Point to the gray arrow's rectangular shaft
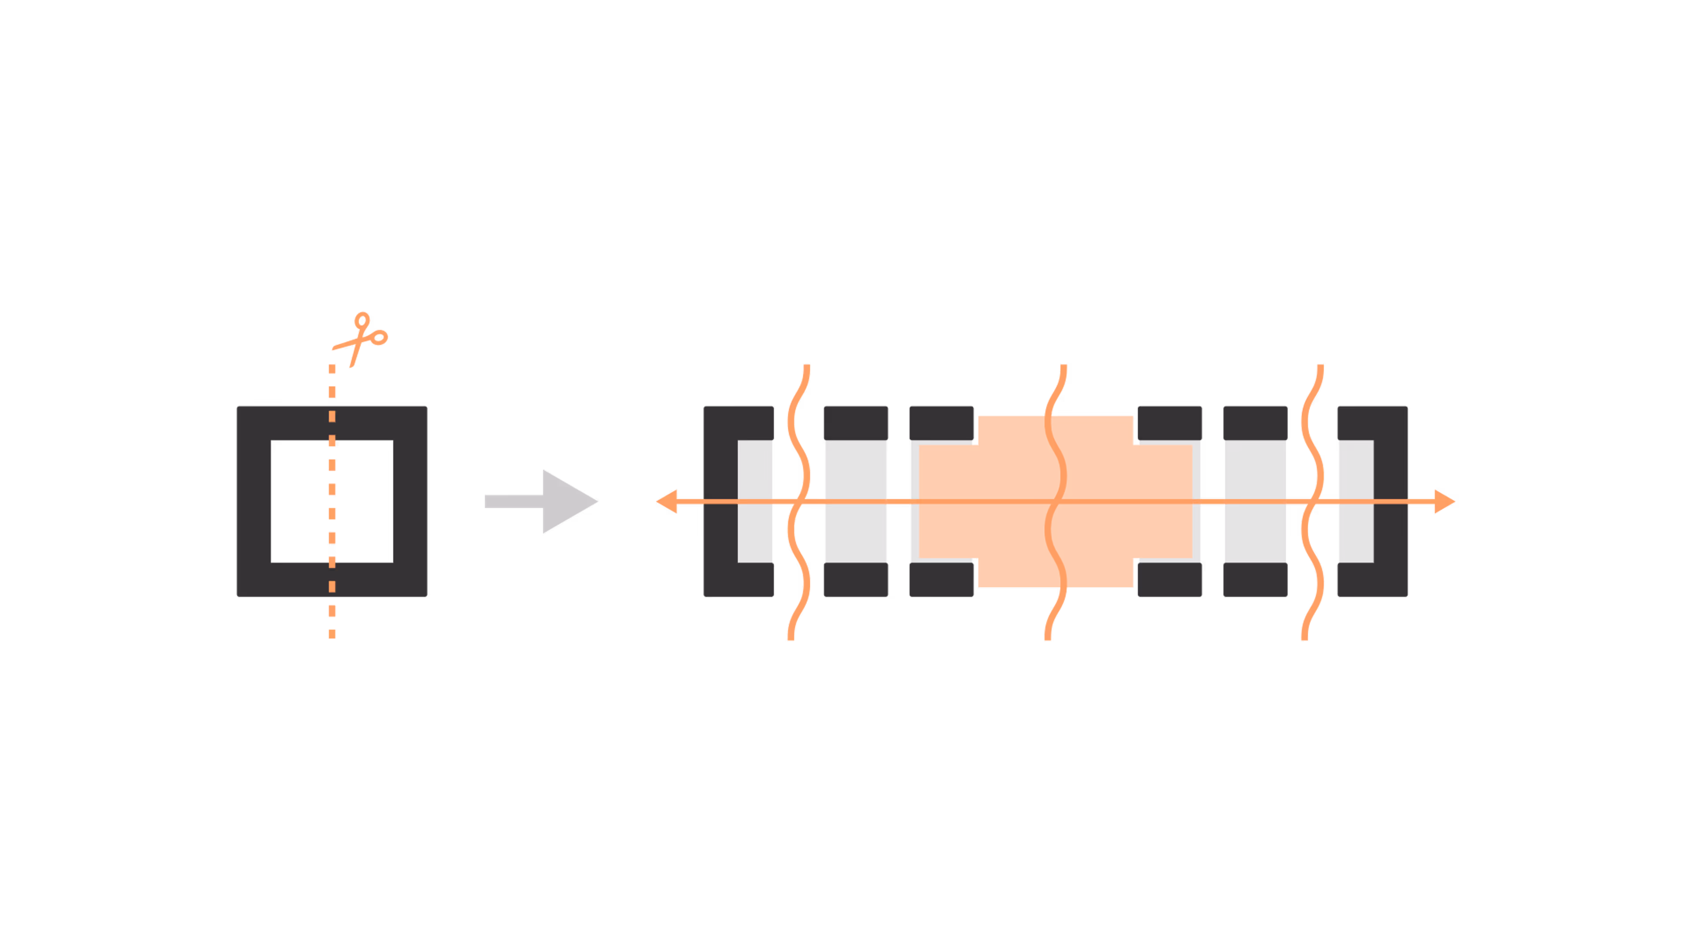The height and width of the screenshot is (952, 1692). pyautogui.click(x=513, y=501)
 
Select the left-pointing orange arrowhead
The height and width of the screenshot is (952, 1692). pyautogui.click(x=668, y=501)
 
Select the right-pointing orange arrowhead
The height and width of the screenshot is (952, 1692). pyautogui.click(x=1444, y=501)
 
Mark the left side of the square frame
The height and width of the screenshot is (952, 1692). pyautogui.click(x=253, y=501)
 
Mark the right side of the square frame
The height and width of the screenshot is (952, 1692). pyautogui.click(x=410, y=501)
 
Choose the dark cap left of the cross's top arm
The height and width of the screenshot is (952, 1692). pyautogui.click(x=941, y=423)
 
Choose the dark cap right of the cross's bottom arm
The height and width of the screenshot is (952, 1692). pyautogui.click(x=1169, y=580)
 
